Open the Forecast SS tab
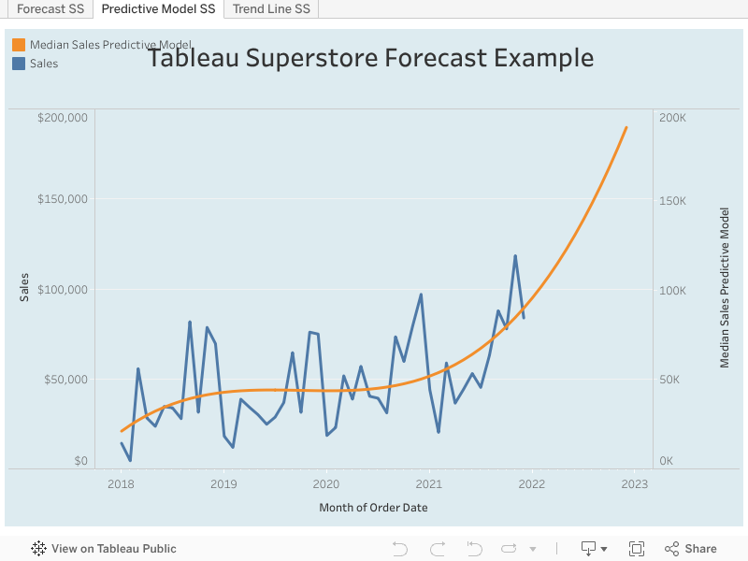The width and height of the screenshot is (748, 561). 50,9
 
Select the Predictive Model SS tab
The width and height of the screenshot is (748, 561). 158,9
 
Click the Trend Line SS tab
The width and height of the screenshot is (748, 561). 271,9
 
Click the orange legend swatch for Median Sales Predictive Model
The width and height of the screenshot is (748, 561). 19,45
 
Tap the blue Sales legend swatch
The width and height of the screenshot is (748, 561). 19,64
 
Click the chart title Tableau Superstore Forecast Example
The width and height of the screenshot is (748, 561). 370,58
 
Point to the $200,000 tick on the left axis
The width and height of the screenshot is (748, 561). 63,118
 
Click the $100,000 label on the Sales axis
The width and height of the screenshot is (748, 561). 63,290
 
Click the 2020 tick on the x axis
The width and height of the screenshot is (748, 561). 325,484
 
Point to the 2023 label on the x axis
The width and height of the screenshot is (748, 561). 634,484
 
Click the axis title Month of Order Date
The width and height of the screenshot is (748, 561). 373,508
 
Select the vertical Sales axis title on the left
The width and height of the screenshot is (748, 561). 24,287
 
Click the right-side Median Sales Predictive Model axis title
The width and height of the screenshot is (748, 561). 725,287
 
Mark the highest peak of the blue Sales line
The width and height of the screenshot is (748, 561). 515,256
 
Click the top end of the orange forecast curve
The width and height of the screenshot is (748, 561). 626,127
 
